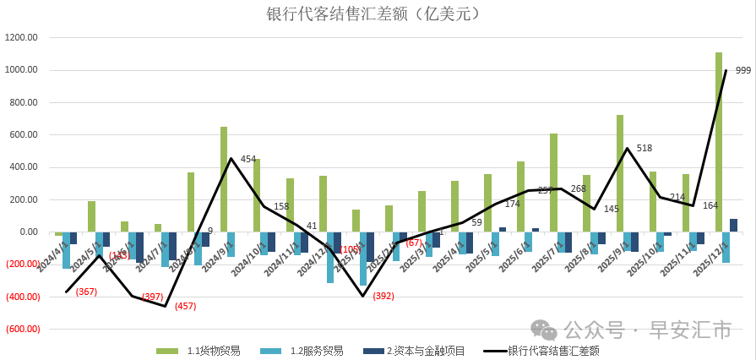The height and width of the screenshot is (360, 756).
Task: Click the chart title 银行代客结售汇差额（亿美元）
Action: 378,14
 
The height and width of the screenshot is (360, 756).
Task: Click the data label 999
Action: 743,71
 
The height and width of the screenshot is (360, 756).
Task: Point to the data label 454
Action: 248,159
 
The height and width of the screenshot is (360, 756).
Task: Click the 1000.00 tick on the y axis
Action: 21,70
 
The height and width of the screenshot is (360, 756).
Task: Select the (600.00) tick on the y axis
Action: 21,329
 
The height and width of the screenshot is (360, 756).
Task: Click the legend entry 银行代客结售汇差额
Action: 553,350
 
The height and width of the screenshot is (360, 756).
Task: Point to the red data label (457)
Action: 185,306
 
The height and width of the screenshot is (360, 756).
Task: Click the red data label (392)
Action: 384,297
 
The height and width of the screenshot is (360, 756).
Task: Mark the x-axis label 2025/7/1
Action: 548,253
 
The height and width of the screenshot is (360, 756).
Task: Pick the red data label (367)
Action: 86,292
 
